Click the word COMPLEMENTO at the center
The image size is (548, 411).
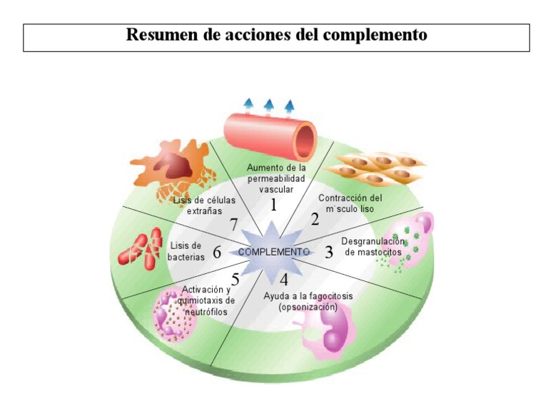273,252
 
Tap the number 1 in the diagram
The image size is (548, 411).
273,205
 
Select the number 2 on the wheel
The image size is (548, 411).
315,219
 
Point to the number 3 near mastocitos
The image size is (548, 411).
329,252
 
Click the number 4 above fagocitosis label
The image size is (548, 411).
284,280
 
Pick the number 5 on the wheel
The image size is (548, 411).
235,280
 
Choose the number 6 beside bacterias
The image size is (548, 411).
217,252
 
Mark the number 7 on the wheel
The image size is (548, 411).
234,224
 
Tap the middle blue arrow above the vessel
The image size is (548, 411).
269,107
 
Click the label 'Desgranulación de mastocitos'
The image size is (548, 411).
371,247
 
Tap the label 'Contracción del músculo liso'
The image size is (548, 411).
350,203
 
